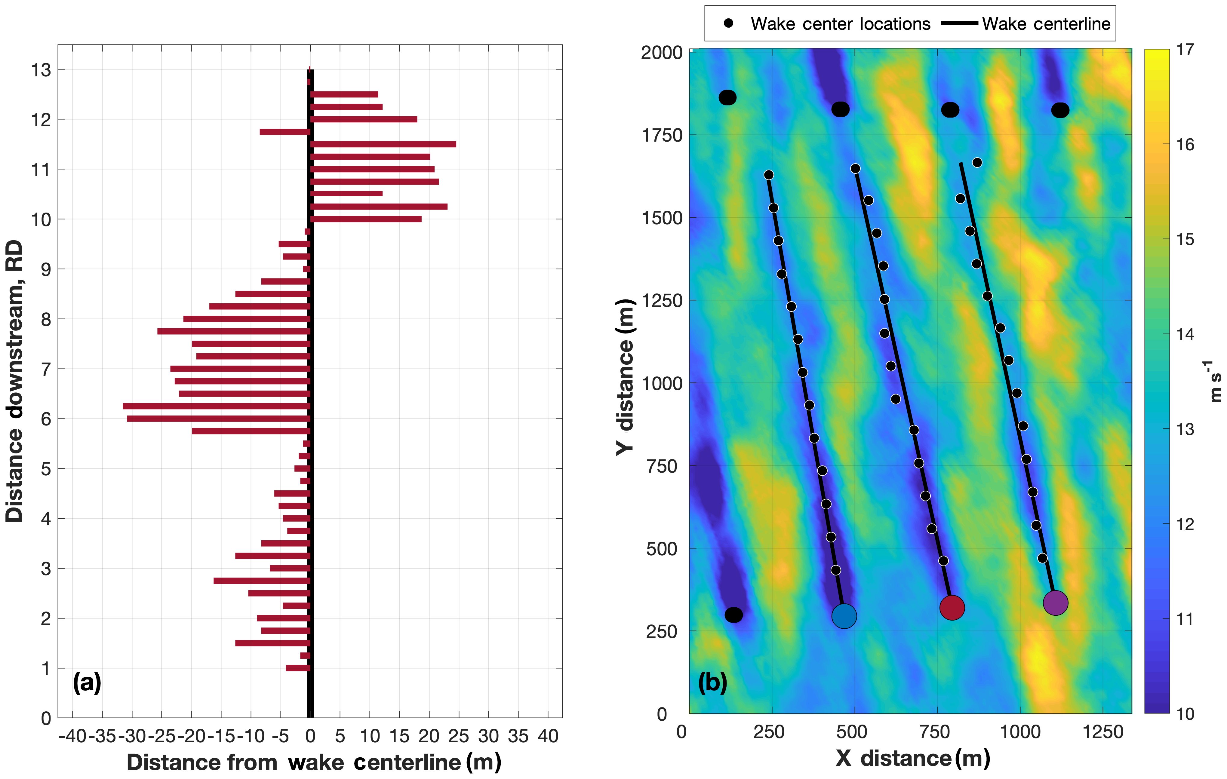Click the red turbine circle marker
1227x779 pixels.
pos(952,607)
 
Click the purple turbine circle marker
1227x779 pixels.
pos(1055,603)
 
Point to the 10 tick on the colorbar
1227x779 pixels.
pos(1185,714)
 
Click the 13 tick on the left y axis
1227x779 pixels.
pos(41,70)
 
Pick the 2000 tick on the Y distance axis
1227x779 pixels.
pos(661,53)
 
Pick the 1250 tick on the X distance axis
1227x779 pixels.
pos(1103,732)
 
